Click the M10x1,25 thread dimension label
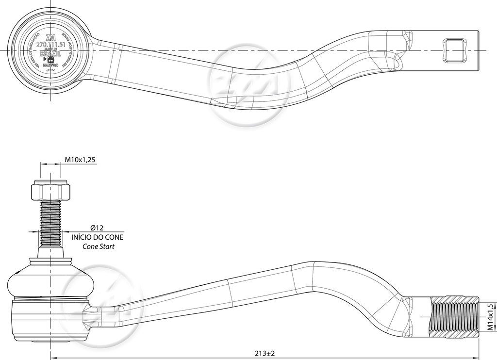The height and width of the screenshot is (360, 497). tap(80, 159)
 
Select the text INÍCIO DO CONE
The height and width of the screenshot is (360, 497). tap(97, 237)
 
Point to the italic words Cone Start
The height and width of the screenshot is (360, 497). tap(99, 246)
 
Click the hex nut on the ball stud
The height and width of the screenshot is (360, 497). tap(51, 191)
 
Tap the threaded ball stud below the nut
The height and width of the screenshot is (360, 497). tap(51, 223)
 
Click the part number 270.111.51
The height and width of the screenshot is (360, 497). tap(50, 44)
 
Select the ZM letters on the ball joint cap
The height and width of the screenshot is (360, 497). tap(50, 38)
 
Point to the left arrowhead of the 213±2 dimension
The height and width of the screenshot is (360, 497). tap(53, 358)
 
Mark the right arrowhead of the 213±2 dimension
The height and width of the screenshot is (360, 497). tap(477, 358)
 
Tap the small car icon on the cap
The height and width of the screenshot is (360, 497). tap(50, 59)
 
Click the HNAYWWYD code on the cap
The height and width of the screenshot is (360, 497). tap(50, 65)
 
